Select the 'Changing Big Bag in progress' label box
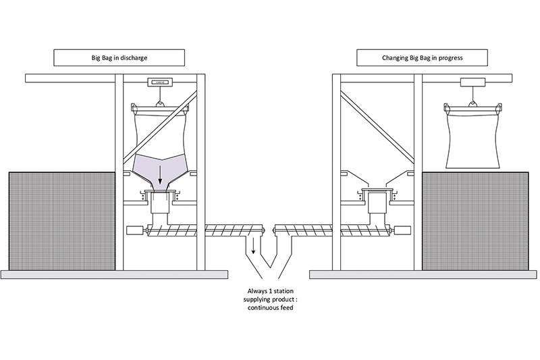click(422, 58)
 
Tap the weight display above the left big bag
click(160, 82)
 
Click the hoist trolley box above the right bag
click(473, 82)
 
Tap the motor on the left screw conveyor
click(135, 230)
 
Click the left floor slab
click(115, 274)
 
